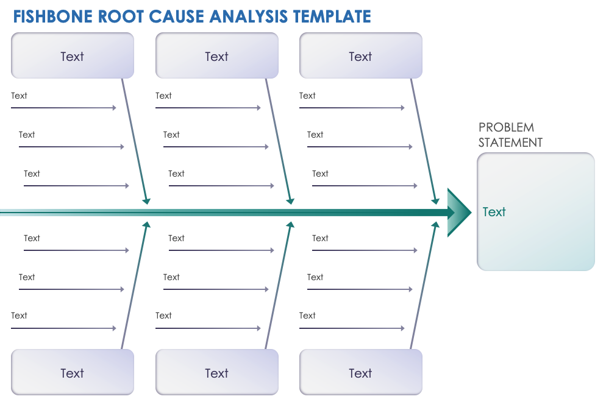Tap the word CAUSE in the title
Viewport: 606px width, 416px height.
(x=177, y=16)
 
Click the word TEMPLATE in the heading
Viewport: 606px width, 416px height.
(x=332, y=16)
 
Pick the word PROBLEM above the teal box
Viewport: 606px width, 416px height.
(x=506, y=127)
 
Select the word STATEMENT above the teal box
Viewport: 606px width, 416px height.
(x=510, y=143)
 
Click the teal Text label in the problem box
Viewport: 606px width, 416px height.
(x=494, y=212)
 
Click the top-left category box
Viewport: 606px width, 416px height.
(x=72, y=56)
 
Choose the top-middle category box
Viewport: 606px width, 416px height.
(x=216, y=56)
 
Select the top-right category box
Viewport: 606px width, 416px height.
(x=360, y=56)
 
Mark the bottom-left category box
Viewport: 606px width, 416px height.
(x=72, y=373)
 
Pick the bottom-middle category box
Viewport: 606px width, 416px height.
(x=216, y=373)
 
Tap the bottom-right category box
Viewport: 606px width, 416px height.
(x=360, y=373)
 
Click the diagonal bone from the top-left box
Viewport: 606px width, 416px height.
(x=134, y=140)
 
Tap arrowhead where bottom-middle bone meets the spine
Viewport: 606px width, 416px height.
(x=290, y=225)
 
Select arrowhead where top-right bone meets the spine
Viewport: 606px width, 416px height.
(x=435, y=200)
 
